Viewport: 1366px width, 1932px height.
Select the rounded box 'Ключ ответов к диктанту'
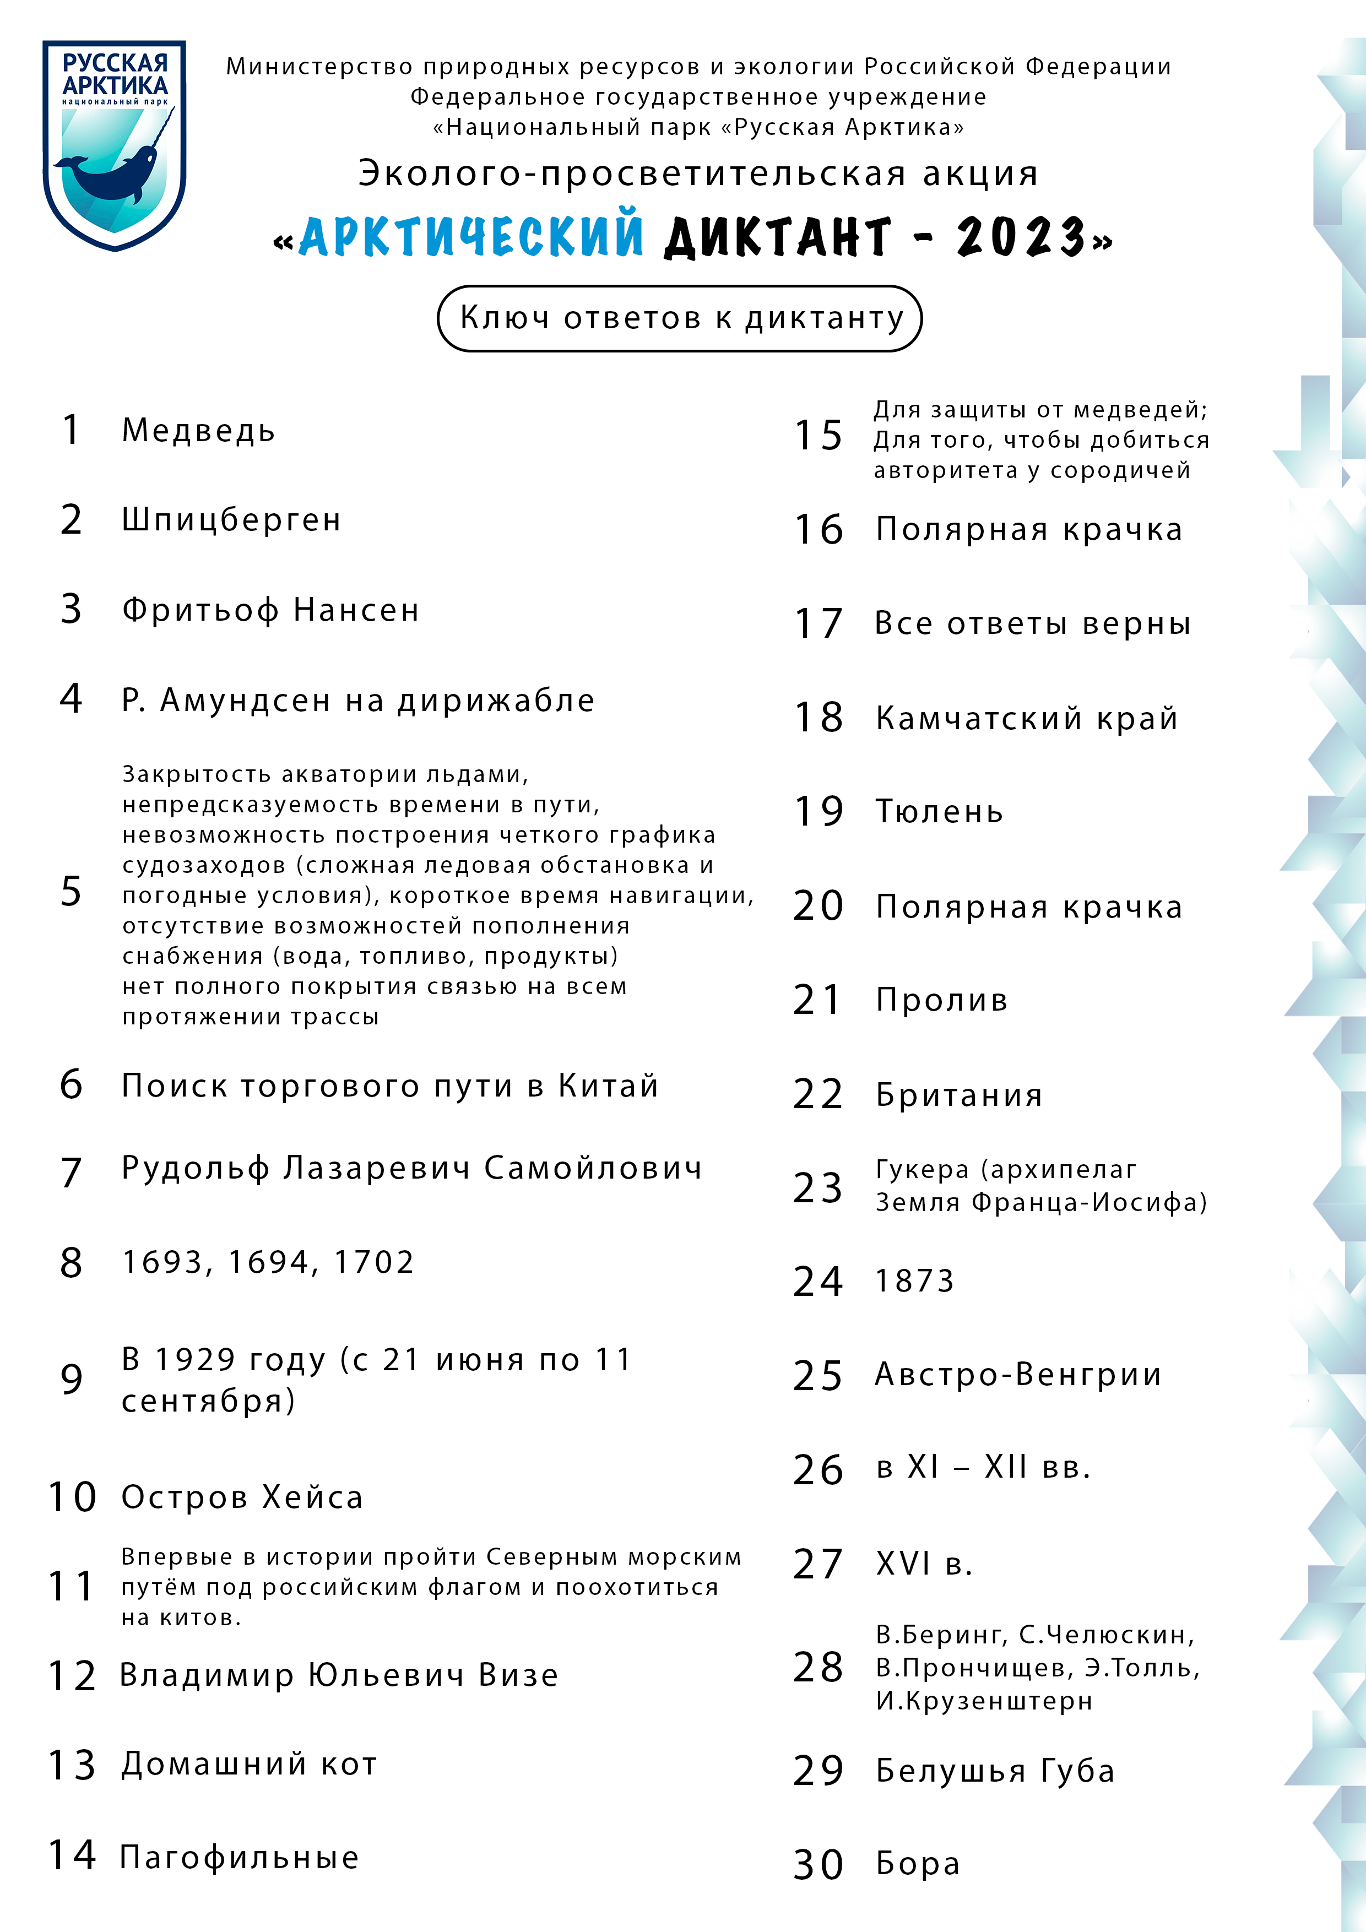tap(680, 318)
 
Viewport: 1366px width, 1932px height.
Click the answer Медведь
tap(199, 431)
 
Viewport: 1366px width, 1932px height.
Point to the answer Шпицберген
tap(231, 520)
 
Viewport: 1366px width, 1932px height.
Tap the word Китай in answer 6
tap(608, 1086)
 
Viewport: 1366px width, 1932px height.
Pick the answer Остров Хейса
tap(242, 1497)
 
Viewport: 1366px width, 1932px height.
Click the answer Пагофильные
tap(240, 1857)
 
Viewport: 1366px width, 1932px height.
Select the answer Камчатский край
tap(1027, 718)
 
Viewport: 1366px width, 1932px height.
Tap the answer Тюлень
tap(939, 811)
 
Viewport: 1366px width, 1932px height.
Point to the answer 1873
tap(915, 1280)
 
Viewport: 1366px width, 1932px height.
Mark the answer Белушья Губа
tap(995, 1771)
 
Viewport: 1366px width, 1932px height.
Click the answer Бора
tap(918, 1864)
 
